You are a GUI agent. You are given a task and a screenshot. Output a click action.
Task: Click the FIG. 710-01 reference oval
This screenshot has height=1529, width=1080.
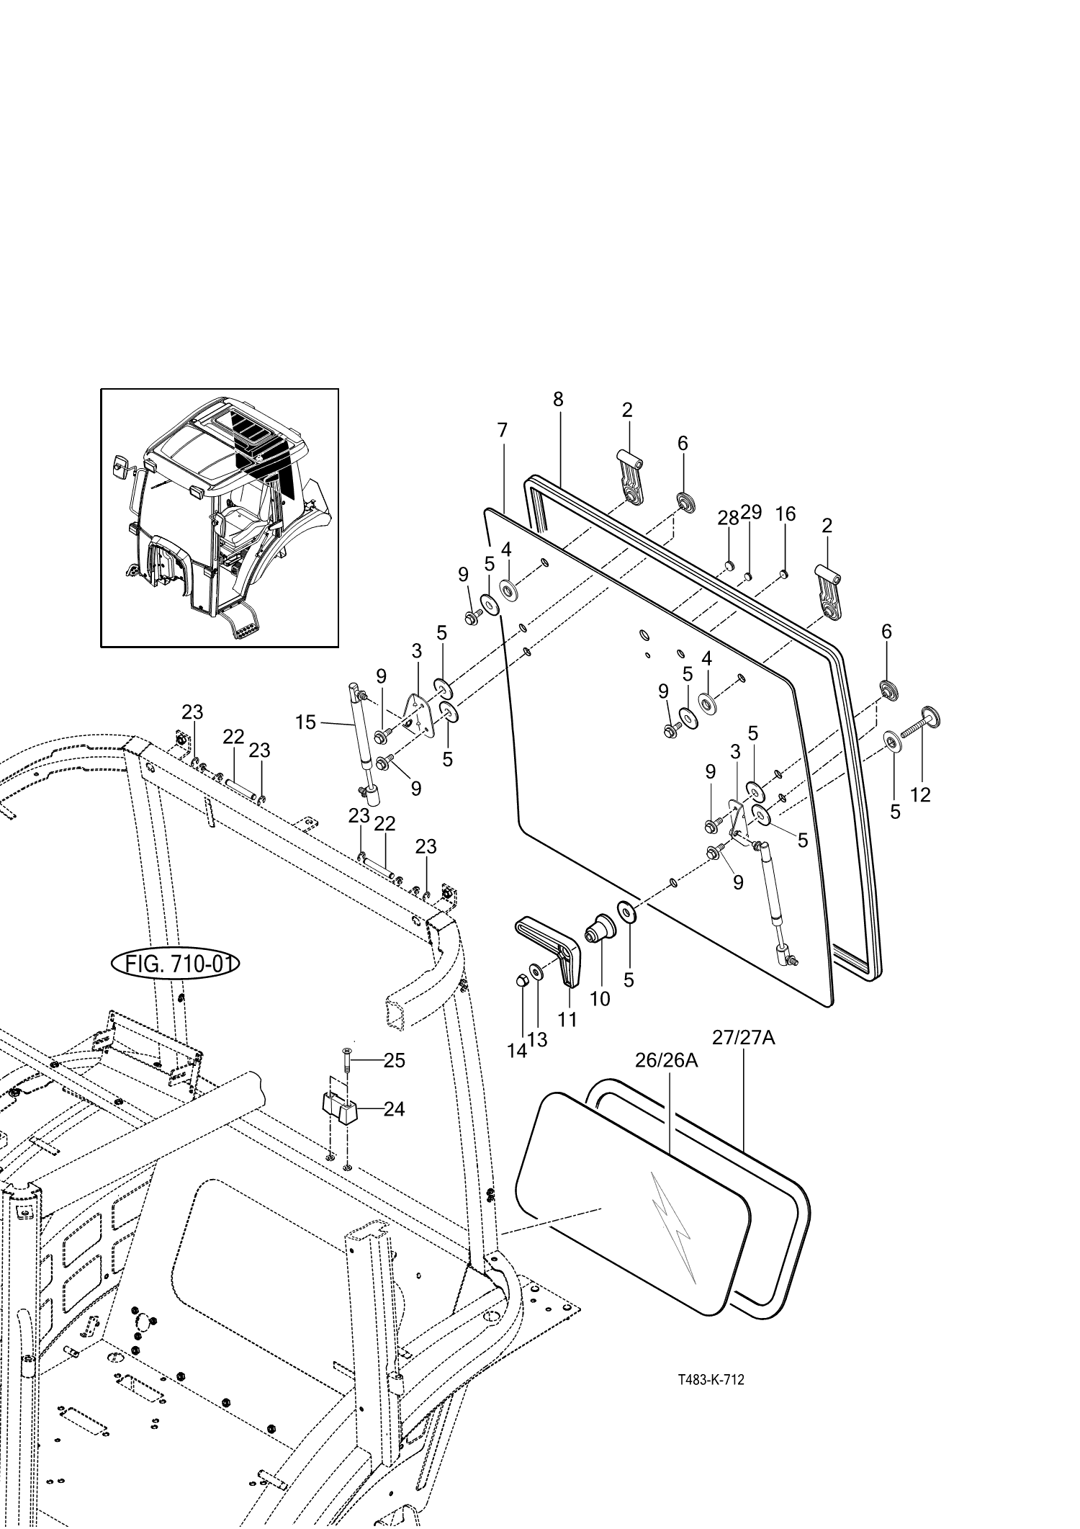point(175,963)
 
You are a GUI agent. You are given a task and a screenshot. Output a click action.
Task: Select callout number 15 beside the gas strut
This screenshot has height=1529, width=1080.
point(306,722)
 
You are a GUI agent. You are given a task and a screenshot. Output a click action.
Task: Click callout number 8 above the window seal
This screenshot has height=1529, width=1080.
point(558,400)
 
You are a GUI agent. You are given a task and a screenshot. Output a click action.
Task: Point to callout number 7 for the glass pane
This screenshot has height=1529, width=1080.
point(502,431)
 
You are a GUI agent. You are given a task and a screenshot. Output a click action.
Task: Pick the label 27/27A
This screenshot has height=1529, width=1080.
point(744,1038)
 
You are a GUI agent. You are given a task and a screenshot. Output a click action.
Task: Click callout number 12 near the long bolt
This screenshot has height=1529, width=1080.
point(920,794)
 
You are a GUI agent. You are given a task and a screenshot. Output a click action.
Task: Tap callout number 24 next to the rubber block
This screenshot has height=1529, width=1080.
point(394,1109)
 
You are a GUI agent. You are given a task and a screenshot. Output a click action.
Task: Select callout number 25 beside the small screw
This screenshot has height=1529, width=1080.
point(394,1060)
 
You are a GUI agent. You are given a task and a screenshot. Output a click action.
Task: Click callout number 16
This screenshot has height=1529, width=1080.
point(786,514)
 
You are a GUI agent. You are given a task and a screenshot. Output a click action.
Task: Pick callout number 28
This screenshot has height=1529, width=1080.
point(728,518)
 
